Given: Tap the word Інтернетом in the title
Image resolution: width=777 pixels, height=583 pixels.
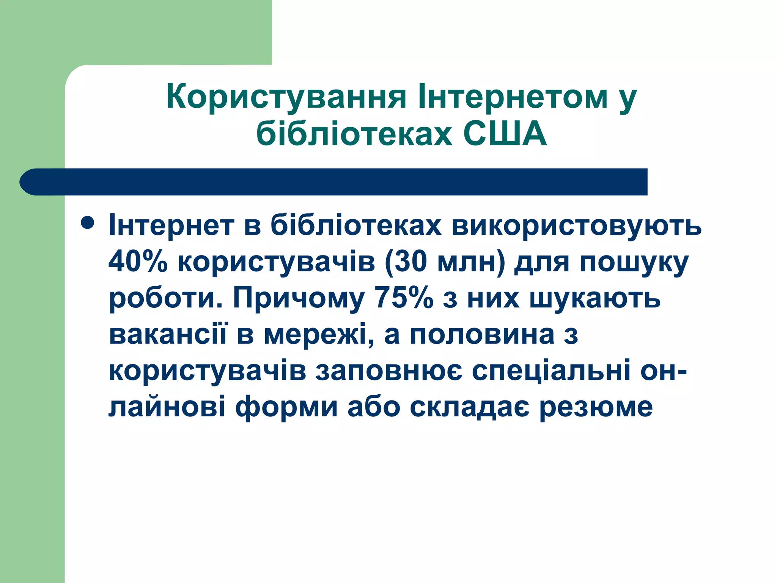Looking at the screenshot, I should tap(512, 97).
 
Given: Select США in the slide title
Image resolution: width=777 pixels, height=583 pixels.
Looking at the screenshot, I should tap(505, 134).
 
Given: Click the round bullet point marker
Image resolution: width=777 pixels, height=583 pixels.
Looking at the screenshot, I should tap(88, 223).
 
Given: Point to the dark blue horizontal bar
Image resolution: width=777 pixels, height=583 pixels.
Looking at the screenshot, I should tap(334, 182).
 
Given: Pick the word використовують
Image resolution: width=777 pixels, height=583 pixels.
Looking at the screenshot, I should tap(576, 225).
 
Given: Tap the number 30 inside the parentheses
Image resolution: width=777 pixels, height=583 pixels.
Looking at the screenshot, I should tap(412, 262).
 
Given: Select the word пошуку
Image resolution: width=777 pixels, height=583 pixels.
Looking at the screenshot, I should tap(634, 263).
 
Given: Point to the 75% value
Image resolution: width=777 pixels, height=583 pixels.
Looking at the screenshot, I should tap(404, 298).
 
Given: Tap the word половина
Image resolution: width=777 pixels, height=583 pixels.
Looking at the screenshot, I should tap(482, 335).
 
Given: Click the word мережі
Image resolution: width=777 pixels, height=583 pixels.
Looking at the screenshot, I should tap(315, 335).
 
